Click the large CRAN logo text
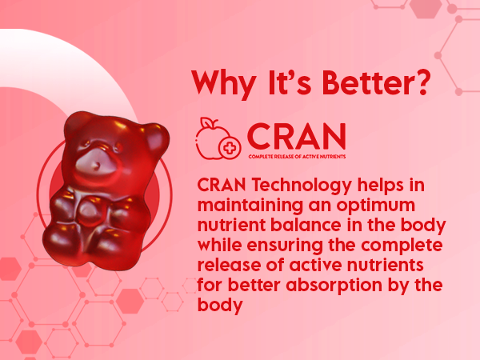click(x=296, y=136)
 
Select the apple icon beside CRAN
click(x=218, y=138)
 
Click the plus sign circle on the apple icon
click(x=230, y=148)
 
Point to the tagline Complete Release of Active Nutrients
click(x=297, y=157)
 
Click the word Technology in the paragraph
click(x=302, y=186)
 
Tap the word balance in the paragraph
click(x=306, y=225)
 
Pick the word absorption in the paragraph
click(x=334, y=286)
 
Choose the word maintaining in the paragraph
click(x=250, y=206)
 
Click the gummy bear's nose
click(x=96, y=166)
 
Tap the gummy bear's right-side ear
click(x=155, y=138)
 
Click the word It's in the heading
click(x=290, y=82)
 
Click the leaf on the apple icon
click(x=210, y=123)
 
